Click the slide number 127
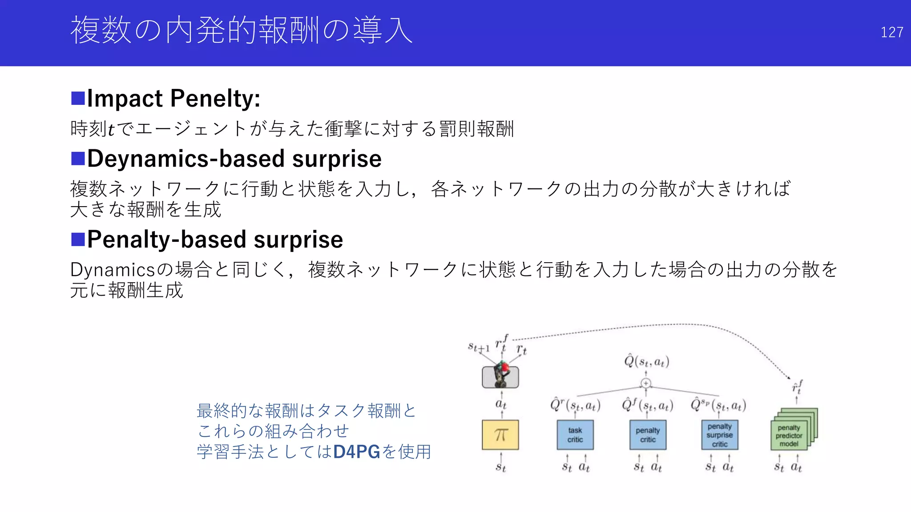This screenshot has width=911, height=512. [x=891, y=32]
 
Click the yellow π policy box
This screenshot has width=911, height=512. [x=500, y=435]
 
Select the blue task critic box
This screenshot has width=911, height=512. [x=575, y=435]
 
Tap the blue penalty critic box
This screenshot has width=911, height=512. [x=648, y=435]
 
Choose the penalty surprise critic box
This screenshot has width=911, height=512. [x=719, y=435]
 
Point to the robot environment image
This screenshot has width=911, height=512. [x=500, y=376]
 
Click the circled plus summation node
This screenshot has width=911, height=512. [x=646, y=383]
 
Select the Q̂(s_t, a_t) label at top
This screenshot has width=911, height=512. [x=646, y=361]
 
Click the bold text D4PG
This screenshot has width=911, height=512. [x=357, y=452]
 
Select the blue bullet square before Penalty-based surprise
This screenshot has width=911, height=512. [x=78, y=239]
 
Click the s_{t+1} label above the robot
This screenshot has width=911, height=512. [x=479, y=347]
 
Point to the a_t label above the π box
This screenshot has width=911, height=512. [x=501, y=404]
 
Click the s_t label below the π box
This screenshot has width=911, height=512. [x=501, y=467]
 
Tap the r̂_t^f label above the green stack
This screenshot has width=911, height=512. [x=797, y=387]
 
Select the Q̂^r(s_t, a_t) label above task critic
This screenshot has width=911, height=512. [x=575, y=405]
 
